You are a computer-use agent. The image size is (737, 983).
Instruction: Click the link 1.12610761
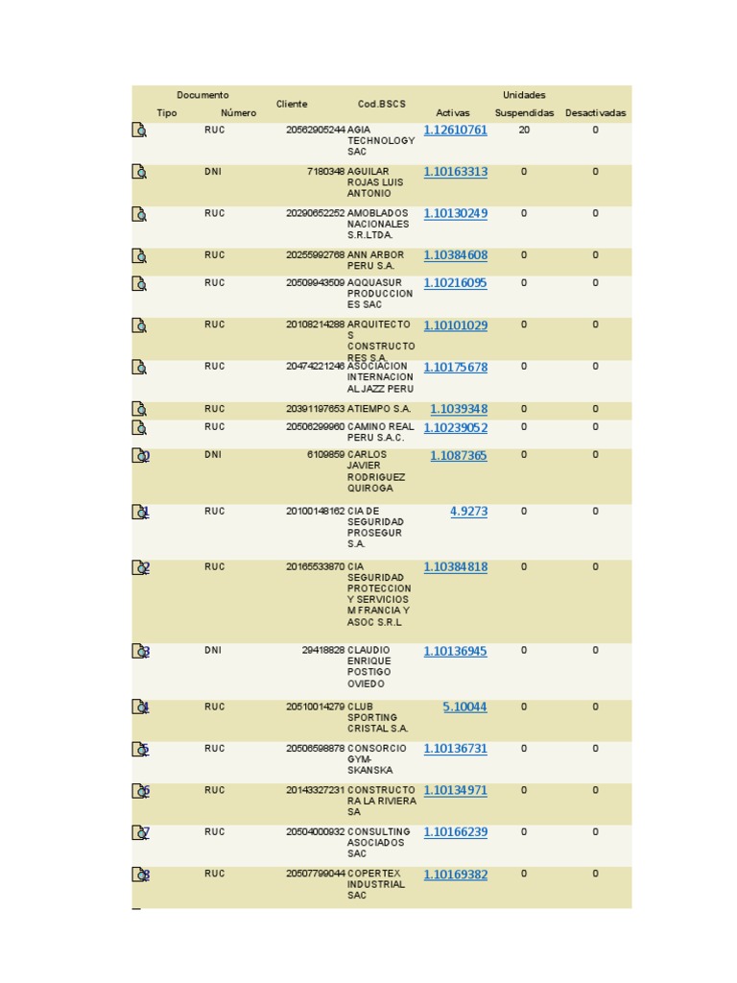click(455, 131)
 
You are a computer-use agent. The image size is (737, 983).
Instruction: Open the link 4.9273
click(468, 512)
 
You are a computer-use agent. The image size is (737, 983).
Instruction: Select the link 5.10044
click(464, 707)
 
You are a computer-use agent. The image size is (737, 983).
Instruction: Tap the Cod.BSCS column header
click(382, 104)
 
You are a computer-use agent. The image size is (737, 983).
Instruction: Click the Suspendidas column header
click(524, 113)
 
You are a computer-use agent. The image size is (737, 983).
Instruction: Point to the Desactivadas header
click(595, 113)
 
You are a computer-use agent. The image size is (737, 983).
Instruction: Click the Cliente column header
click(292, 104)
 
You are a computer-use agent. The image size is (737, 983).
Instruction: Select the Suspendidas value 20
click(524, 130)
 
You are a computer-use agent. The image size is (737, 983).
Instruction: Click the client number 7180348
click(325, 172)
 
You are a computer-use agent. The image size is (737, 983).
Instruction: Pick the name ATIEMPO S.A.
click(378, 409)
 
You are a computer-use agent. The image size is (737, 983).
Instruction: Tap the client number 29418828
click(322, 651)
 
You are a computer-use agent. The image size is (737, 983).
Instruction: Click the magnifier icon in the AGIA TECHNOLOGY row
click(139, 131)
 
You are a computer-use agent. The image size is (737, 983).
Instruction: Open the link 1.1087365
click(458, 456)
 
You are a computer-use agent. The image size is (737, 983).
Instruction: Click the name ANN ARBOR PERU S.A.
click(375, 260)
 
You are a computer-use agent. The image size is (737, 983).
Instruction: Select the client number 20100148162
click(315, 512)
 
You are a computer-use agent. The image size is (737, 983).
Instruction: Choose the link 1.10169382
click(455, 875)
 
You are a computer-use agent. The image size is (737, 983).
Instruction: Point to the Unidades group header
click(524, 95)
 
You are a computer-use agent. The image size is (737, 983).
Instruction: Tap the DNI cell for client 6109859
click(213, 455)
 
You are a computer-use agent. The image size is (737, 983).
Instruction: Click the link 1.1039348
click(458, 409)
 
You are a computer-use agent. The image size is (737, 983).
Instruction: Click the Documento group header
click(202, 95)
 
